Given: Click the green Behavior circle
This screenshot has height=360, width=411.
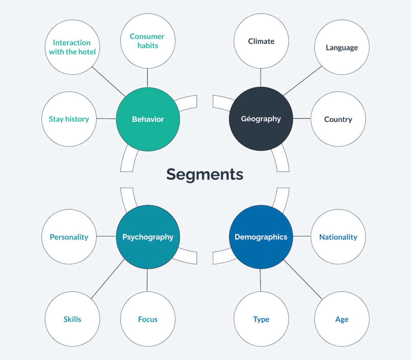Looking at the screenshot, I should [148, 119].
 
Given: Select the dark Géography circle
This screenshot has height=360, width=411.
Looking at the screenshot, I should [261, 119].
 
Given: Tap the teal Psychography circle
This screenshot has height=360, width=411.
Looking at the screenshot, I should [148, 237].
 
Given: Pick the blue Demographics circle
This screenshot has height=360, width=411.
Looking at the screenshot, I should [261, 237].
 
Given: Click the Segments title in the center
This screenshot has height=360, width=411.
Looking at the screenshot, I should [205, 174].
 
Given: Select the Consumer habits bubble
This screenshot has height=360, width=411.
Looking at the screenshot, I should [148, 41].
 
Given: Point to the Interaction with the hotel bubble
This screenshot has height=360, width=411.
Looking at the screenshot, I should [72, 47].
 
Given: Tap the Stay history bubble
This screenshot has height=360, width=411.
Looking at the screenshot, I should [69, 119].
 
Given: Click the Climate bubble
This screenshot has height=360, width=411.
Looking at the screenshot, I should [261, 41].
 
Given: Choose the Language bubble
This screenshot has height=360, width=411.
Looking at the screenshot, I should [342, 47].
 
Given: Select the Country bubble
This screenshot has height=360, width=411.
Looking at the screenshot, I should [338, 119].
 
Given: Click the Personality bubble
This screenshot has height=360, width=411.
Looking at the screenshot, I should [69, 237].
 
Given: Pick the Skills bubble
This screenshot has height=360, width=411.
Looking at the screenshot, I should [72, 319].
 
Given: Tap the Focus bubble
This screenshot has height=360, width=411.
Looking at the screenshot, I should [148, 319].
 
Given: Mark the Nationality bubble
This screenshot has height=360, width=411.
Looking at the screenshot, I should [338, 237].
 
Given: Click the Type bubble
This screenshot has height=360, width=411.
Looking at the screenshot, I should [261, 319].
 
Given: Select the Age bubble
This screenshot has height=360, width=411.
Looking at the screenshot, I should [342, 319].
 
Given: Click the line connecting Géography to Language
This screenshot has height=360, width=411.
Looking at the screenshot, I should [303, 81].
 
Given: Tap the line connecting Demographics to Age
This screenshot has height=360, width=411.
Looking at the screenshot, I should [303, 279].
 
